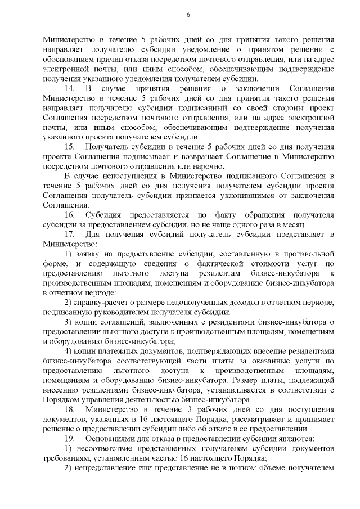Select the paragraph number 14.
click(70, 89)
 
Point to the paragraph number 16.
click(70, 215)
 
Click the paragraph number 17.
click(70, 234)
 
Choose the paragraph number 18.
click(70, 409)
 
